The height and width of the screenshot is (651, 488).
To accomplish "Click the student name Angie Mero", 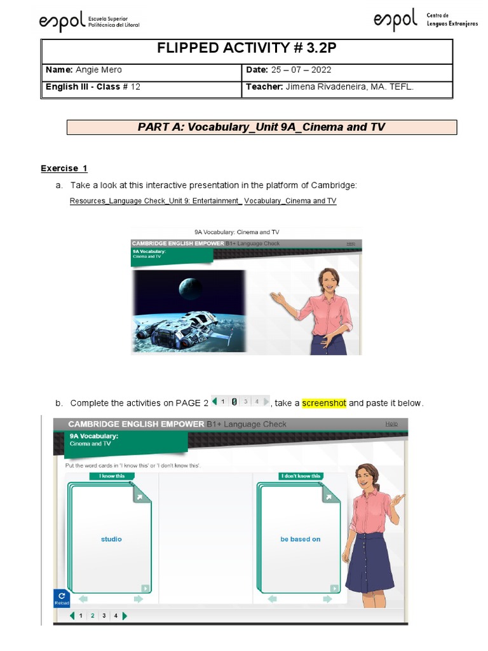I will [98, 70].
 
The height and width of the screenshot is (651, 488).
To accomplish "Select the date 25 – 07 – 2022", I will [299, 70].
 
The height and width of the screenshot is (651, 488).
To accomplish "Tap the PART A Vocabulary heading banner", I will [261, 127].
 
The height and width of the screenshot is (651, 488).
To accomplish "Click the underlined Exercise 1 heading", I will [64, 168].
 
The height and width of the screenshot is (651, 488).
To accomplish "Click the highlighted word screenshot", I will [324, 403].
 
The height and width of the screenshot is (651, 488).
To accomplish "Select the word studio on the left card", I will [111, 539].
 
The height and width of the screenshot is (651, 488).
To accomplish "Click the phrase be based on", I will [301, 539].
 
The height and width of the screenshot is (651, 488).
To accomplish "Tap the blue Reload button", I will [62, 598].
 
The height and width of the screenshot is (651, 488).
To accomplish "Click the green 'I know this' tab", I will [112, 476].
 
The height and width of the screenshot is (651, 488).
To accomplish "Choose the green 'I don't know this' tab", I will [301, 476].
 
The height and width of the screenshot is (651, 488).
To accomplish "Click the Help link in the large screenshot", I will [391, 424].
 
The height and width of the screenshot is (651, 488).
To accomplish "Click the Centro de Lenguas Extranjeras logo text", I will [451, 20].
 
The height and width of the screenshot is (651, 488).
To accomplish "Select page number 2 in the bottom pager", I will [92, 615].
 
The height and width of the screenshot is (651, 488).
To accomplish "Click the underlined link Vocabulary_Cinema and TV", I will [290, 201].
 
